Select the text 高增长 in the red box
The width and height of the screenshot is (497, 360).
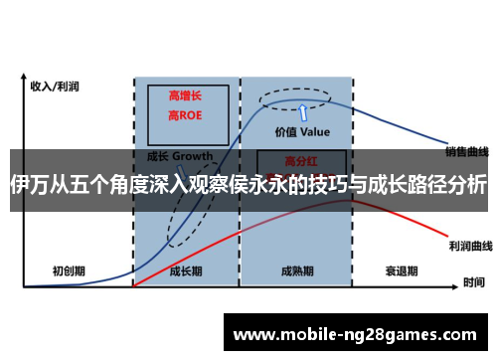click(x=186, y=94)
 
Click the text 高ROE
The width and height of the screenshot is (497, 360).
click(x=186, y=115)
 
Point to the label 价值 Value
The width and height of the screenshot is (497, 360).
click(x=301, y=131)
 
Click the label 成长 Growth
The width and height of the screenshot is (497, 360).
click(x=180, y=156)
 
